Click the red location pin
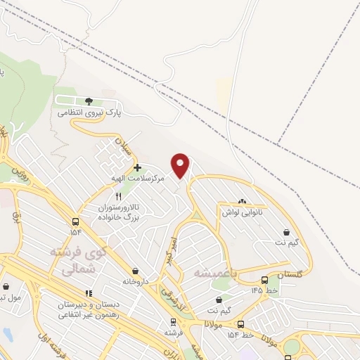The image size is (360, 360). pyautogui.click(x=181, y=165)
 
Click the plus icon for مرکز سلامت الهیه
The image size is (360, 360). pyautogui.click(x=137, y=167)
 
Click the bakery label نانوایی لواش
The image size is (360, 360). pyautogui.click(x=242, y=212)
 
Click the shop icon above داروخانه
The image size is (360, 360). pyautogui.click(x=136, y=271)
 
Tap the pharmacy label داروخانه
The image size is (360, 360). pyautogui.click(x=136, y=281)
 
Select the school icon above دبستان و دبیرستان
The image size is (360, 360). pyautogui.click(x=89, y=293)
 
